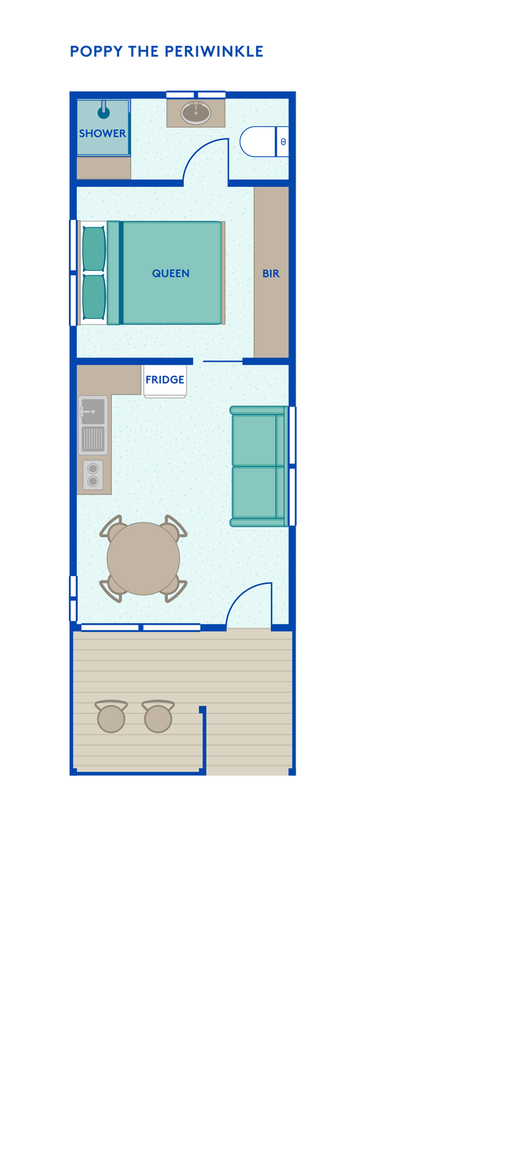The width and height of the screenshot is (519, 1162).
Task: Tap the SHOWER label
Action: click(102, 134)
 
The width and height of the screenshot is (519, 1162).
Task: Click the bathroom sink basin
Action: click(195, 113)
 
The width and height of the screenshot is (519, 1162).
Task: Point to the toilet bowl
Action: click(258, 142)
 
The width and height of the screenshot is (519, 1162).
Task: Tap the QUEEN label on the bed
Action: click(171, 273)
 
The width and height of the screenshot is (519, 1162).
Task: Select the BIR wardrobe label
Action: click(271, 273)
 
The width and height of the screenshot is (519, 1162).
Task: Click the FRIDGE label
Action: click(165, 380)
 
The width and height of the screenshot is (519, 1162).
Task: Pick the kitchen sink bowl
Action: click(92, 411)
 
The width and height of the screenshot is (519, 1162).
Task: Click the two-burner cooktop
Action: click(93, 475)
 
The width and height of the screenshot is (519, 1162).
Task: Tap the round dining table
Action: click(143, 558)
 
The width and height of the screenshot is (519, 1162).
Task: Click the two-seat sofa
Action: click(258, 466)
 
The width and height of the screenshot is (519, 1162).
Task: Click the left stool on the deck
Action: click(111, 716)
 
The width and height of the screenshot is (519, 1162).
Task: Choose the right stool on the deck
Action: click(158, 716)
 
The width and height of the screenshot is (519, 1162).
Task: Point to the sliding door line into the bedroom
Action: click(222, 361)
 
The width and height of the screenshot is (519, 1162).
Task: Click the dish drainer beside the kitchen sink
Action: click(93, 439)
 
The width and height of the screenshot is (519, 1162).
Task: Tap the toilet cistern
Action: click(282, 142)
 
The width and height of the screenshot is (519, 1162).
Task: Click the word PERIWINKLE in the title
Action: click(213, 52)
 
